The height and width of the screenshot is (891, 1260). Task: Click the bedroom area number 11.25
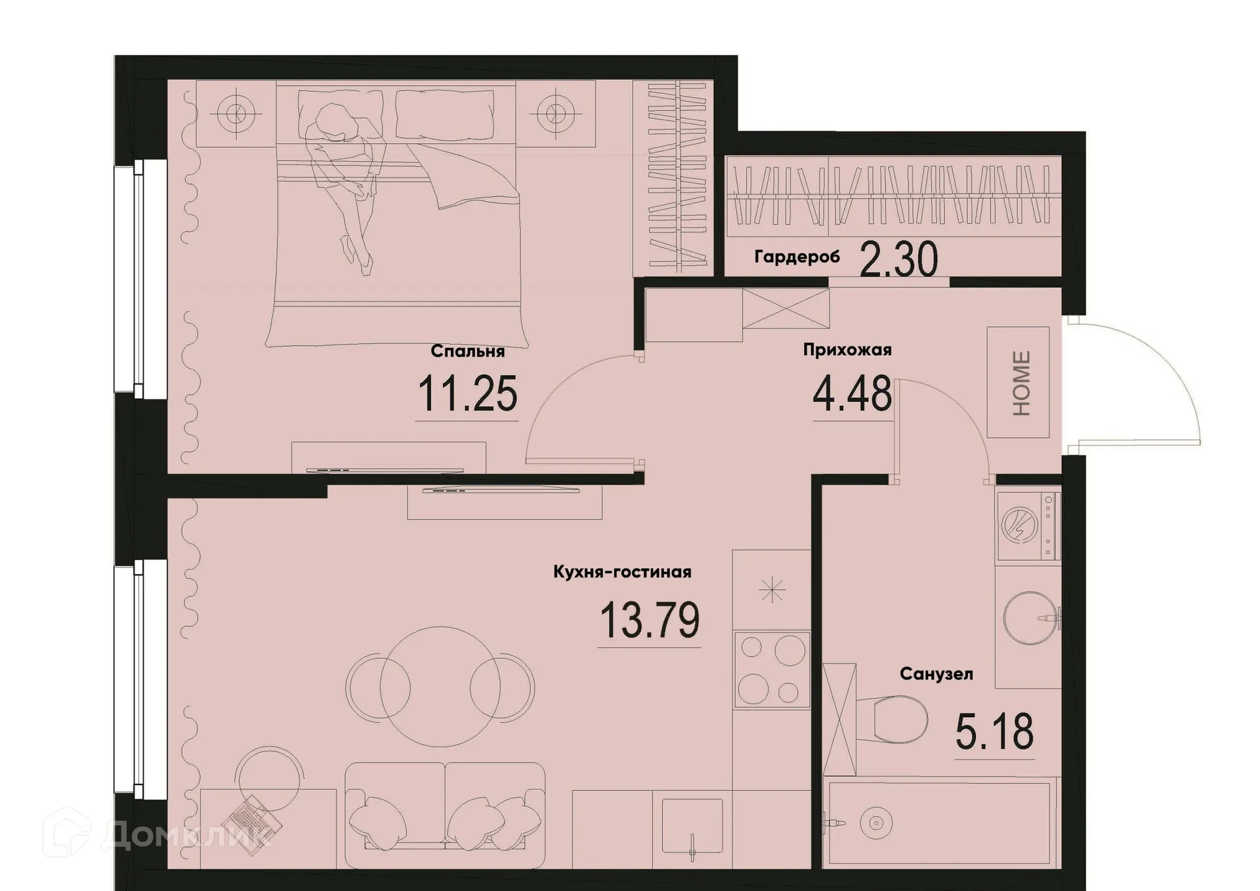pos(467,394)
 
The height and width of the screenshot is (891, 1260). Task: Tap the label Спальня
pos(467,351)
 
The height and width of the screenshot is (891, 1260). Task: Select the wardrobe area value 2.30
pos(898,260)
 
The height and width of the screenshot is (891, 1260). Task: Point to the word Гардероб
pos(797,257)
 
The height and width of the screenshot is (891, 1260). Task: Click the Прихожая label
pos(847,350)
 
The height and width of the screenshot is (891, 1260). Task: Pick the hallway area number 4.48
pos(852,394)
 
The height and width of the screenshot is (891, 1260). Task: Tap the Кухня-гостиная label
pos(622,572)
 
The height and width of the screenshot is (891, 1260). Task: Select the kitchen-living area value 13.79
pos(650,620)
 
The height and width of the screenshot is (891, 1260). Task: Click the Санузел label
pos(936,674)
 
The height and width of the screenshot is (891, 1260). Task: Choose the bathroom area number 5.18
pos(994,732)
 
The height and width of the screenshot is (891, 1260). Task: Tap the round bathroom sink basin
pos(1029,618)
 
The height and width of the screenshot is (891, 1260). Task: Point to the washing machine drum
pos(1019,525)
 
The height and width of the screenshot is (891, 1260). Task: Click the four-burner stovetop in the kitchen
pos(772,670)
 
